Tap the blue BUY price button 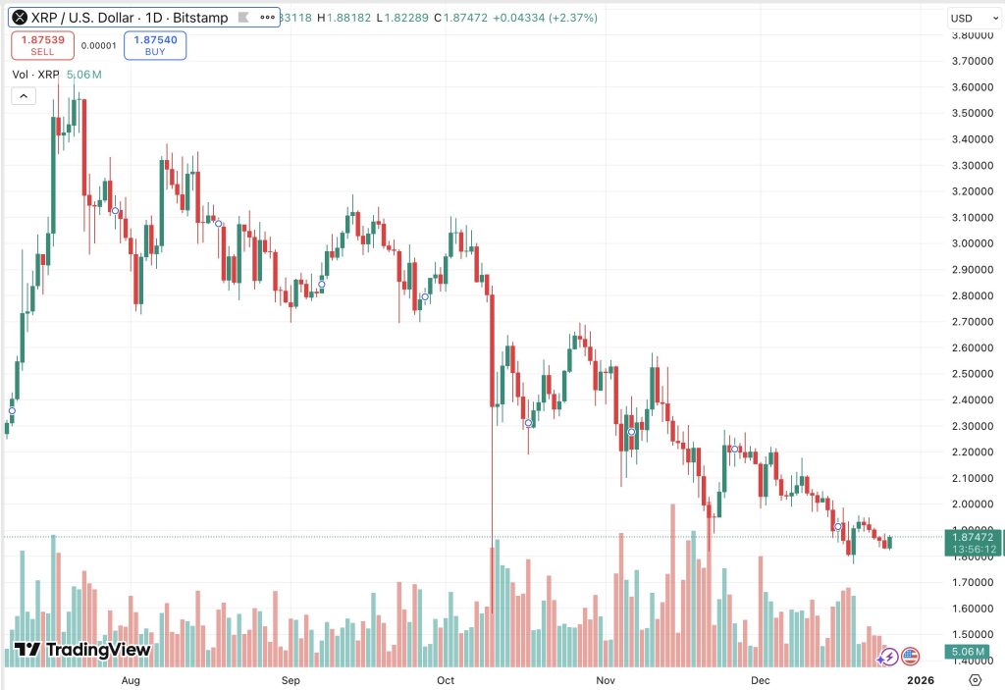click(x=155, y=45)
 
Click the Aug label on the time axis click(x=131, y=679)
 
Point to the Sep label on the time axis click(x=290, y=679)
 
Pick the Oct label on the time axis click(x=446, y=679)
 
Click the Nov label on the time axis click(x=605, y=679)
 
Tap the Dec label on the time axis click(x=760, y=679)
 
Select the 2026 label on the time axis click(x=920, y=679)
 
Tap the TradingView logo click(x=83, y=650)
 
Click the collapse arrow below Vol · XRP click(x=23, y=95)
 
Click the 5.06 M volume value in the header click(x=83, y=75)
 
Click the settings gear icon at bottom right click(x=975, y=679)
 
